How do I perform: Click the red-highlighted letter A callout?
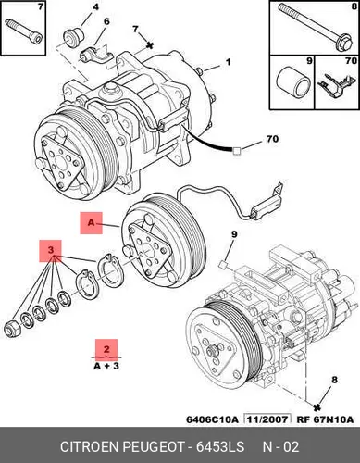point(91,223)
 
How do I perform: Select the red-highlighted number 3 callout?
point(50,251)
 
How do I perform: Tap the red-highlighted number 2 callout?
point(106,350)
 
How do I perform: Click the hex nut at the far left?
point(12,331)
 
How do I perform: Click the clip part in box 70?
point(336,85)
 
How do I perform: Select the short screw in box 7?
point(24,31)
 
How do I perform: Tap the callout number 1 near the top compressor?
point(228,62)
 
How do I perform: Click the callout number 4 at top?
point(96,6)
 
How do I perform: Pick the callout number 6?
point(106,21)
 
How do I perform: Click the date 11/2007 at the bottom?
point(267,419)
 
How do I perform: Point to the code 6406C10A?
point(212,419)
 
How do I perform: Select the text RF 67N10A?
point(325,419)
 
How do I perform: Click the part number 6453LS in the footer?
point(220,447)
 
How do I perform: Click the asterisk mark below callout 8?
point(317,407)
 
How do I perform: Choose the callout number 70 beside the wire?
point(272,139)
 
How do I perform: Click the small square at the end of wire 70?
point(236,151)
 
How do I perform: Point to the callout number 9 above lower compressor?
point(234,234)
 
